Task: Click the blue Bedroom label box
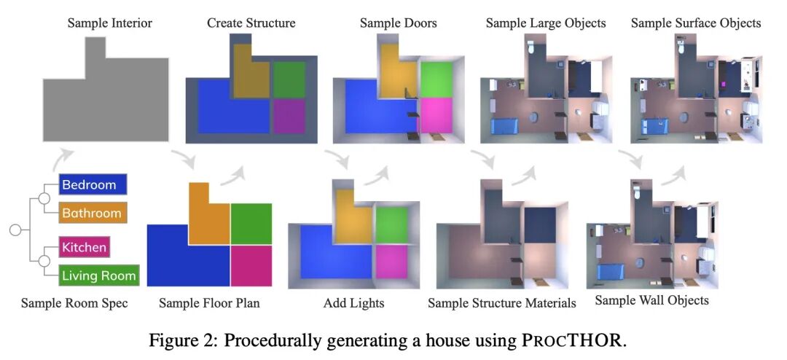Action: [93, 184]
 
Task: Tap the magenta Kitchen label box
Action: [84, 247]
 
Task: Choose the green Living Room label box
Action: [98, 275]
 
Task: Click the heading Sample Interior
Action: [110, 23]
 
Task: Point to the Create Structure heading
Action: [251, 23]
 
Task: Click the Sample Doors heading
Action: [399, 23]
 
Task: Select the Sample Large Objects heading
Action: [546, 23]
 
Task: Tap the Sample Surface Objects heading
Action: [696, 23]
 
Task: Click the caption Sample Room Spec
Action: [74, 302]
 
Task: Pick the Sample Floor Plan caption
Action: [209, 302]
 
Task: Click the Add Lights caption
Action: [353, 302]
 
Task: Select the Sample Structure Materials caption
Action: [502, 302]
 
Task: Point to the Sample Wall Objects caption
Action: [652, 300]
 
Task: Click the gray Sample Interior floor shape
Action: [106, 102]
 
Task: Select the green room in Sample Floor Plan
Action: [251, 224]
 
